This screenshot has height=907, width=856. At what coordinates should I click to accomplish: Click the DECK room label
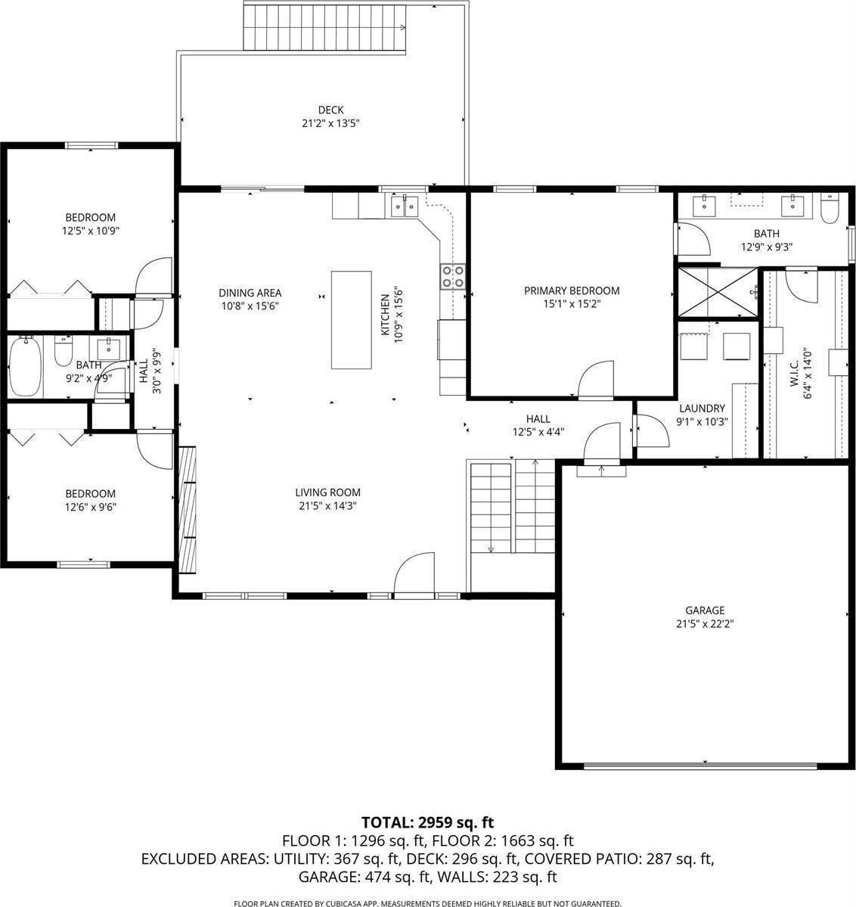pos(330,110)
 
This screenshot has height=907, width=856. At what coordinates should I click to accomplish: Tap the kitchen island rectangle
pos(351,319)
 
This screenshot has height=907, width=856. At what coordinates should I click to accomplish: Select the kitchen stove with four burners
pos(453,277)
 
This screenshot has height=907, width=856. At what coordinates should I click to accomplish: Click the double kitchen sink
pos(405,205)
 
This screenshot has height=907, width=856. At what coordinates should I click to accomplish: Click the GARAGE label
pos(704,610)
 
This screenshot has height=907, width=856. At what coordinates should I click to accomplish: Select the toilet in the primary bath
pos(830,208)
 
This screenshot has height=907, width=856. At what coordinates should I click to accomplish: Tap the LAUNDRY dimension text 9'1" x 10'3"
pos(701,422)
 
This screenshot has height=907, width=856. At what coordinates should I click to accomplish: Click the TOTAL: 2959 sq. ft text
pos(427,822)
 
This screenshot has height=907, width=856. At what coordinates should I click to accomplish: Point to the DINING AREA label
pos(250,293)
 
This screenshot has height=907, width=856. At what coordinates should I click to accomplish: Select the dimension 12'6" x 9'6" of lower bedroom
pos(89,508)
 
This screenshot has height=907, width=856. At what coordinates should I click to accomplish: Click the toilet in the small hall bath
pos(63,353)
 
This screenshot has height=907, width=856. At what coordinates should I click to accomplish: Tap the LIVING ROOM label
pos(327,492)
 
